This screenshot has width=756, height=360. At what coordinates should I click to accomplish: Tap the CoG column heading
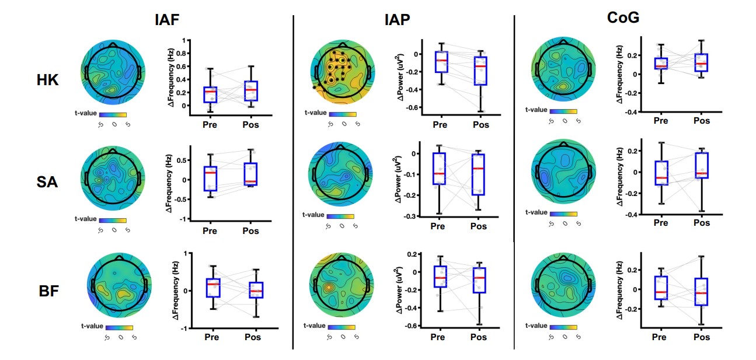(623, 18)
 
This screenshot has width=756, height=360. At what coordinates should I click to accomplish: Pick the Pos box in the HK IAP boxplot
(479, 71)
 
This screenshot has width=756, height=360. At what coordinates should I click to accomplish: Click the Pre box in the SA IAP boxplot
(438, 169)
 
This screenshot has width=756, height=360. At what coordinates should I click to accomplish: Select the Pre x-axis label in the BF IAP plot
(438, 337)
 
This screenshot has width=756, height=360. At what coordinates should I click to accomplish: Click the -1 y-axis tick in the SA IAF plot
(188, 219)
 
